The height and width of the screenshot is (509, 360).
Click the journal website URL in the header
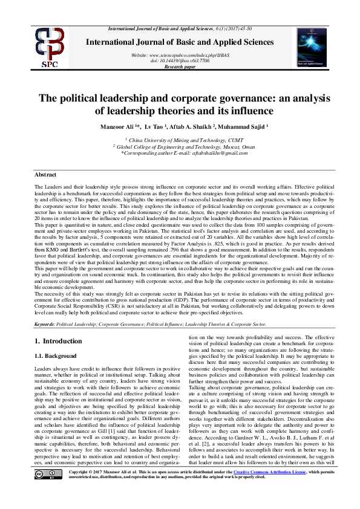[180, 55]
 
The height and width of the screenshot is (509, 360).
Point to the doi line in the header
[180, 60]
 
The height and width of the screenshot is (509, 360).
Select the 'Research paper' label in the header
[180, 66]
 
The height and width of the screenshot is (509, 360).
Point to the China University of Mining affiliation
[180, 140]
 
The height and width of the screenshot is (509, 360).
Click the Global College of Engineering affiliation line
[180, 146]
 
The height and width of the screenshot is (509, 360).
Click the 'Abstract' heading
[45, 173]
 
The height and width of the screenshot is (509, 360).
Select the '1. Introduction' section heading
[59, 342]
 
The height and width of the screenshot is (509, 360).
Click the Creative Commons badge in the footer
[47, 490]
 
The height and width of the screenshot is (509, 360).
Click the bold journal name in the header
[180, 41]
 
